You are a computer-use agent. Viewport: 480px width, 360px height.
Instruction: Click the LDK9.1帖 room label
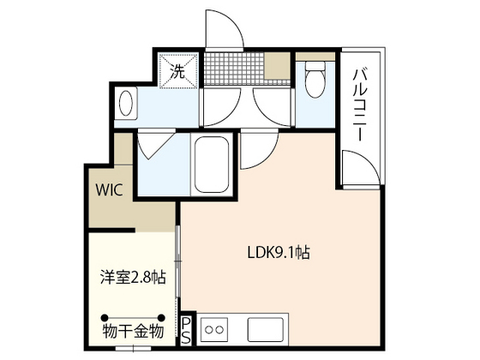pos(279,253)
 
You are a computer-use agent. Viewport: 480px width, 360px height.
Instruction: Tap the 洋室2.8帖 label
pos(133,278)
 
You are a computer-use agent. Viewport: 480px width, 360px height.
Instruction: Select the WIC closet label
pos(110,189)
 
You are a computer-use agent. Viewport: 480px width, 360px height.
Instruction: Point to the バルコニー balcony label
pos(360,105)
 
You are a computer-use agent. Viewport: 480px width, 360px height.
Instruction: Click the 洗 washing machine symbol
pos(178,70)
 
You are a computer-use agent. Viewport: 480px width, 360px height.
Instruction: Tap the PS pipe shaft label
pos(186,331)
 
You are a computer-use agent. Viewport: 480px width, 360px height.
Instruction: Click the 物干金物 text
pos(133,331)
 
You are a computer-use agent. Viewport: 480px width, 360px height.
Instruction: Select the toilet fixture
pos(315,79)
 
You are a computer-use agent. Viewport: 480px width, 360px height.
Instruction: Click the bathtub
pos(212,165)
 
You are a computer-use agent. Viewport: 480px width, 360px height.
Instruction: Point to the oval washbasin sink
pos(126,103)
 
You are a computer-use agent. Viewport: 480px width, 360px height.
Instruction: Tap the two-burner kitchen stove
pos(214,330)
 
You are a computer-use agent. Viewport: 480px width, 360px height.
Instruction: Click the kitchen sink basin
pos(266,330)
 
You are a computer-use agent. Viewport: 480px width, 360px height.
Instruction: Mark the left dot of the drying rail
pos(105,317)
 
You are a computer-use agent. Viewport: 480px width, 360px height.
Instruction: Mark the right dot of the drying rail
pos(161,317)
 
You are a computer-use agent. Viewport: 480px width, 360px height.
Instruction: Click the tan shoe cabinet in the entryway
pos(277,66)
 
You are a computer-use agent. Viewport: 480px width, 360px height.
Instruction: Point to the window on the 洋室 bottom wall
pos(134,348)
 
